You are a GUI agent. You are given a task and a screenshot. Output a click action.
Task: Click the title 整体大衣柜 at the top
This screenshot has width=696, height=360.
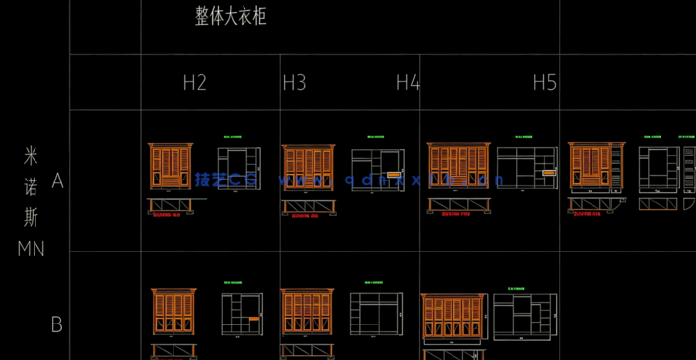point(232,17)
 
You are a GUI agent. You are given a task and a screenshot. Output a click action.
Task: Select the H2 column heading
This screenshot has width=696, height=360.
point(195,83)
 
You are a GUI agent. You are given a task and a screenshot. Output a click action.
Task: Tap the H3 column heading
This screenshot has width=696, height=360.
point(294,83)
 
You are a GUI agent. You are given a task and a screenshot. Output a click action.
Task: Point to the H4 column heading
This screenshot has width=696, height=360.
point(407,83)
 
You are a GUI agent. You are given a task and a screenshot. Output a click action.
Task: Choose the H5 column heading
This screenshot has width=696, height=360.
point(545,83)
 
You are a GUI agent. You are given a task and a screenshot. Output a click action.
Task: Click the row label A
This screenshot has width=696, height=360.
point(57,181)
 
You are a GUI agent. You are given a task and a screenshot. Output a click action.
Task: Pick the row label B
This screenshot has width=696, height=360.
point(57,324)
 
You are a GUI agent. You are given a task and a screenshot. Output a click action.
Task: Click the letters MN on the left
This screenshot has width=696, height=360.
point(31,250)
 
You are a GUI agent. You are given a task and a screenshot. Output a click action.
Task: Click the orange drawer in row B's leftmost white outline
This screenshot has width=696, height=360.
point(254,319)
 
